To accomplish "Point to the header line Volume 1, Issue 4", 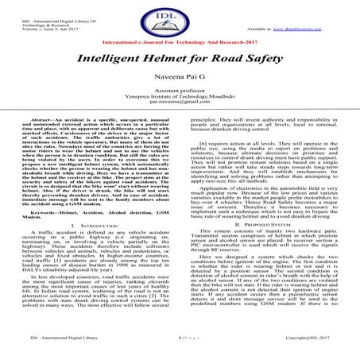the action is pyautogui.click(x=35, y=24).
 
